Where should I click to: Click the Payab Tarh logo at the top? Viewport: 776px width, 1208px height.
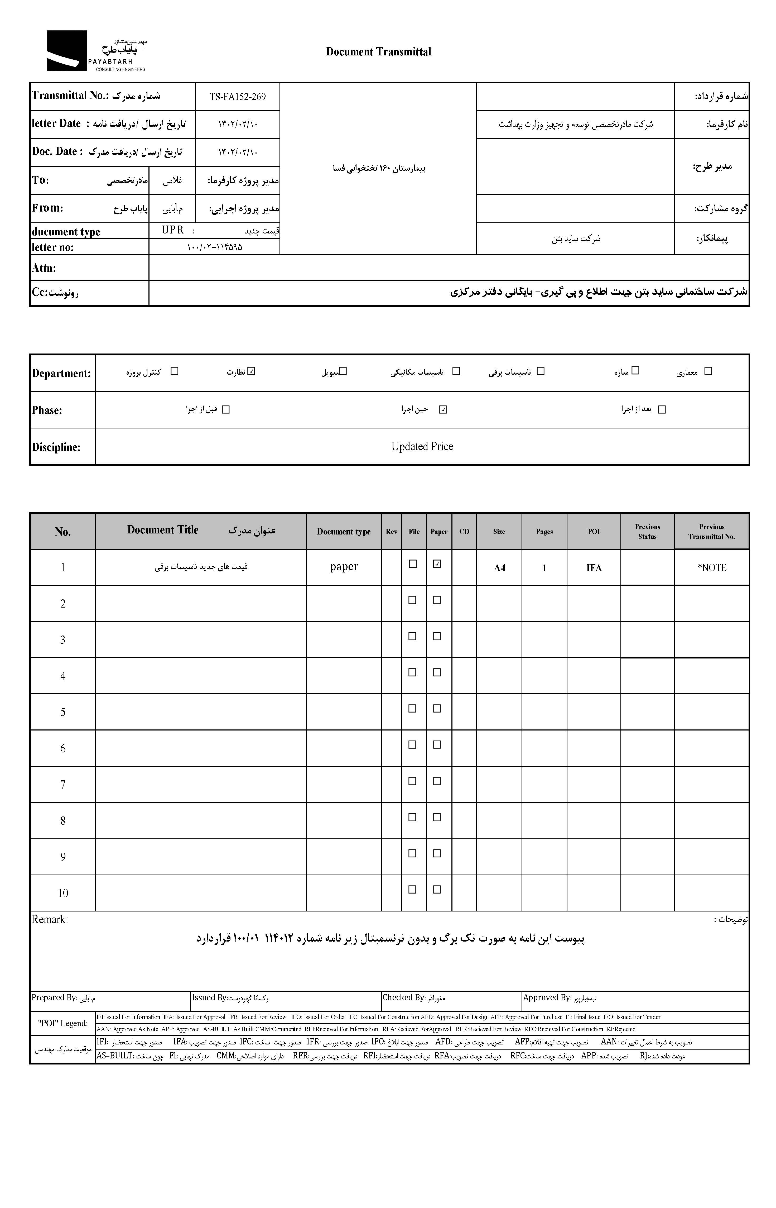click(96, 51)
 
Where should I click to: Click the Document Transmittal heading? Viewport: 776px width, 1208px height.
click(378, 51)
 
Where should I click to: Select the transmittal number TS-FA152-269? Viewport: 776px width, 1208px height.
click(237, 97)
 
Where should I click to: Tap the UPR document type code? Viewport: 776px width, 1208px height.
click(173, 230)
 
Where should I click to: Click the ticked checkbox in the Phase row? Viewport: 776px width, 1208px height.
click(443, 409)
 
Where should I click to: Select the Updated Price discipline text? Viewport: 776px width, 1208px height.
click(422, 446)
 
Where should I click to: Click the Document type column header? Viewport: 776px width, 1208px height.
click(344, 531)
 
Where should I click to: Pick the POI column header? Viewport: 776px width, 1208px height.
click(594, 531)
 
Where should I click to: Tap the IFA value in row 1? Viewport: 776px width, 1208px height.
click(594, 568)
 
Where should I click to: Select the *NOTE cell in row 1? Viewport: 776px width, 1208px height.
click(711, 568)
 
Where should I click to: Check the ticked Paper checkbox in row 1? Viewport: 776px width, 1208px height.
click(437, 564)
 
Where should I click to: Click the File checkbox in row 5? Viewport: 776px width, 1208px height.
click(412, 708)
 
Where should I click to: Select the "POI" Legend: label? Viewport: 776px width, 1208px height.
click(62, 1024)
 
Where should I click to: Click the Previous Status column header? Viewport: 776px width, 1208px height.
click(647, 531)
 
